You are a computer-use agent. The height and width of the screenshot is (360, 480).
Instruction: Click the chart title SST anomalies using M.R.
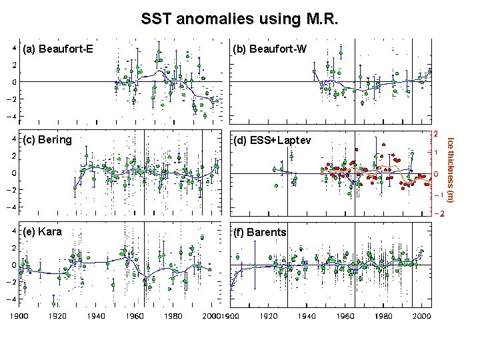[x=239, y=19]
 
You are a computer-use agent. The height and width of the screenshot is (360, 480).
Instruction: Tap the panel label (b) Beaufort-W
[x=269, y=49]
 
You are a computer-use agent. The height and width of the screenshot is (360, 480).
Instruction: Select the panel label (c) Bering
[x=47, y=141]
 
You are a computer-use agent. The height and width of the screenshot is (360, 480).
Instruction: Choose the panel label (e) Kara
[x=43, y=232]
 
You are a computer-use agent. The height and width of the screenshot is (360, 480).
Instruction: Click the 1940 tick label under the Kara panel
[x=97, y=316]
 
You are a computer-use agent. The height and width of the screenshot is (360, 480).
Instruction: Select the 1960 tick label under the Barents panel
[x=345, y=316]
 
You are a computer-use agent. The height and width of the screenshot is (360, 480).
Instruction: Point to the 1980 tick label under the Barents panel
[x=383, y=316]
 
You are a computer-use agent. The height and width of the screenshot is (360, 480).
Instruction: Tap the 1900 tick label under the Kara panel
[x=20, y=316]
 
